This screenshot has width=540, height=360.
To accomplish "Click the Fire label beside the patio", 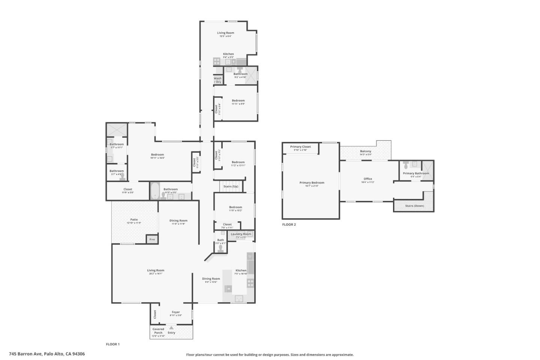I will tap(152, 240).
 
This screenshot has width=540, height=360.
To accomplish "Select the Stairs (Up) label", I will tap(231, 186).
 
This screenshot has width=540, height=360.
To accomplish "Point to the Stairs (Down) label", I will tap(414, 206).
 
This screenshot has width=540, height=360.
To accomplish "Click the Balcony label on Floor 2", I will tap(366, 151).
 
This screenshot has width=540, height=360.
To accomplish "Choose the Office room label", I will tap(367, 179).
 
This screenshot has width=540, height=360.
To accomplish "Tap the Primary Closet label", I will tap(300, 147).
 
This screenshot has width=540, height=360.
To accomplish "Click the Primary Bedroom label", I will tap(312, 183).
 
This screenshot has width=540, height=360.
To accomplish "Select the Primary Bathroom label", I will tap(416, 174).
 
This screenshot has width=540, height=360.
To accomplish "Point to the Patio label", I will tap(134, 220).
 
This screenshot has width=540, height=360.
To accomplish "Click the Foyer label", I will tap(176, 312).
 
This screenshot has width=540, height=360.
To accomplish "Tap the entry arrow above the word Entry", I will tap(171, 328).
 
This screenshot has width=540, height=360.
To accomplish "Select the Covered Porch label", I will tap(158, 331).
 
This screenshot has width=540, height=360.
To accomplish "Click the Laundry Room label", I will tap(241, 234).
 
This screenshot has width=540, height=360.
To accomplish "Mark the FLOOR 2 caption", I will tap(289, 225).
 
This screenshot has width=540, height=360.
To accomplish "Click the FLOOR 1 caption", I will tap(112, 344).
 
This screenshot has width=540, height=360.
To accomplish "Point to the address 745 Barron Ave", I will tap(47, 354).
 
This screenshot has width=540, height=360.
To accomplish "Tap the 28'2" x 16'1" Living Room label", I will tap(156, 270).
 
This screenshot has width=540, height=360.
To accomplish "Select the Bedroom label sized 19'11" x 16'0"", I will tap(157, 155).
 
